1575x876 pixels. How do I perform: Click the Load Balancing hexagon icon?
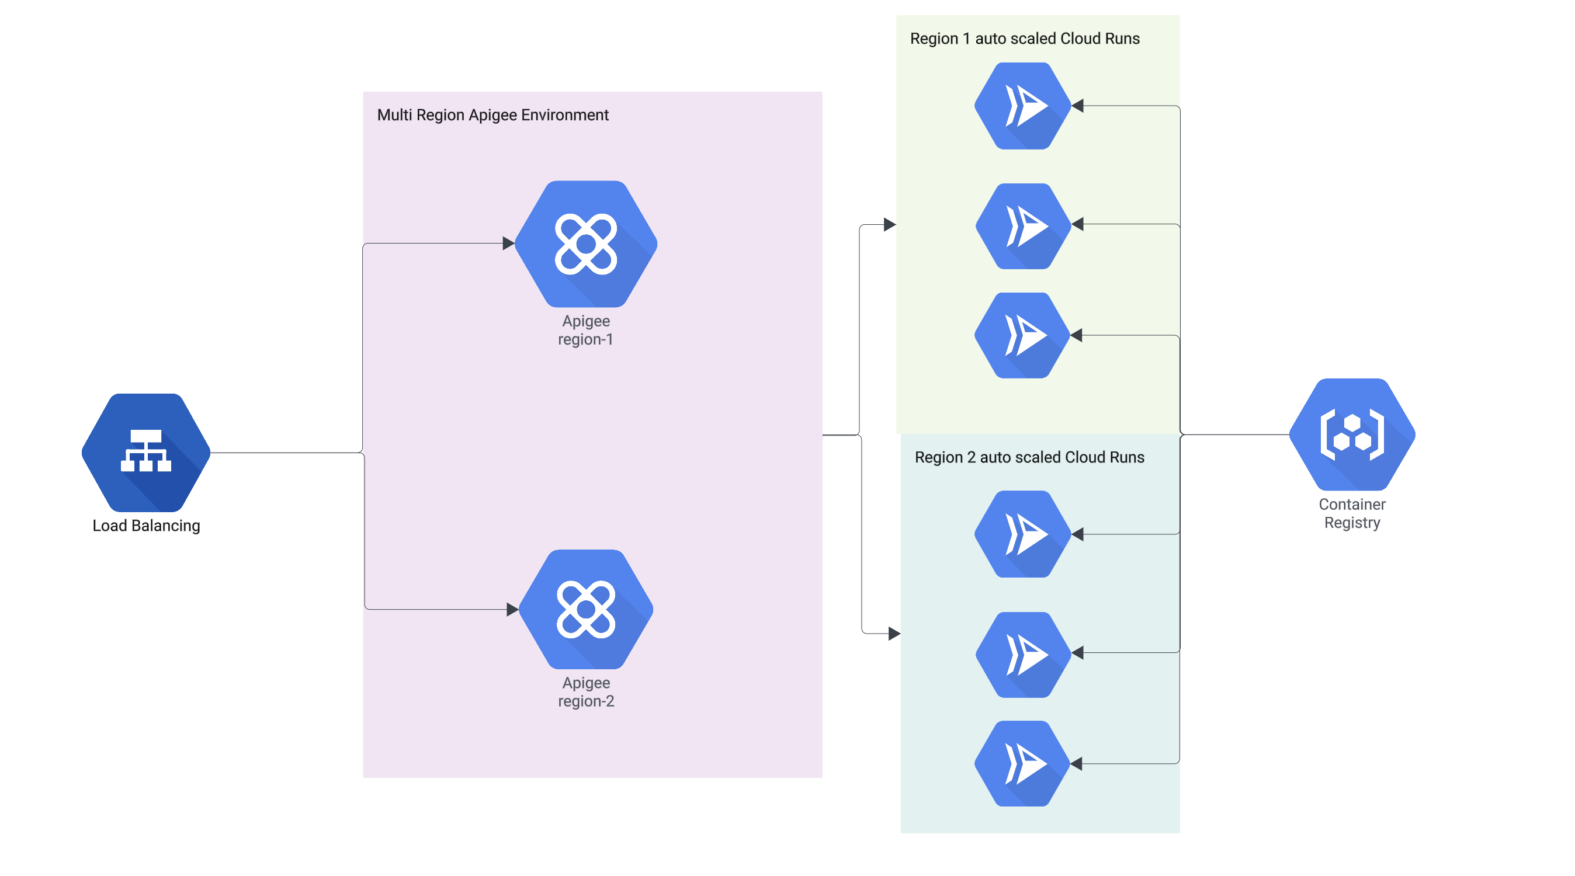click(x=146, y=453)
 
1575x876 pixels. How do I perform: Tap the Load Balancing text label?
click(x=146, y=526)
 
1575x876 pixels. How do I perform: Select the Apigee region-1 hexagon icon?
click(x=586, y=244)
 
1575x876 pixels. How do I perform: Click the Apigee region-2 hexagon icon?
click(x=586, y=609)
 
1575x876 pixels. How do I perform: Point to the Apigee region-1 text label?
click(x=586, y=330)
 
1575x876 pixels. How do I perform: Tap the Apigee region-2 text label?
click(x=586, y=691)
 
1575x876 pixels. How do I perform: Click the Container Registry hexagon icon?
click(x=1352, y=434)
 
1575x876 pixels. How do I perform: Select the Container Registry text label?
click(x=1352, y=513)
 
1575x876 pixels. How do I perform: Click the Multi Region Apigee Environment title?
click(x=493, y=115)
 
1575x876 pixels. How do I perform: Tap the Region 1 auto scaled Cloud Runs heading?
click(x=1025, y=39)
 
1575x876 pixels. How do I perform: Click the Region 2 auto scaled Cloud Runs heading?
click(x=1029, y=457)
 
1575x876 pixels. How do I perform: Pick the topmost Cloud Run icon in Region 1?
click(x=1022, y=106)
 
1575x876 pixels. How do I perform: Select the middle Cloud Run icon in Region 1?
click(x=1022, y=225)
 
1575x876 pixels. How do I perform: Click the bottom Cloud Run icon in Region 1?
click(x=1022, y=335)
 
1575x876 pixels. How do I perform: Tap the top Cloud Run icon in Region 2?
click(x=1022, y=534)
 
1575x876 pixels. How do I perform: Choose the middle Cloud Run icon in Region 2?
click(x=1022, y=654)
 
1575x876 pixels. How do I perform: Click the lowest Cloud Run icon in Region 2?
click(x=1022, y=763)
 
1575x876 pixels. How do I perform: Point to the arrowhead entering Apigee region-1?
click(x=508, y=244)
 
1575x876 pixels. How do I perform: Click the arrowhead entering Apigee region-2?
click(x=512, y=609)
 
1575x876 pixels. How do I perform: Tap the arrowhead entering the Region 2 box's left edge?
click(x=894, y=633)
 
